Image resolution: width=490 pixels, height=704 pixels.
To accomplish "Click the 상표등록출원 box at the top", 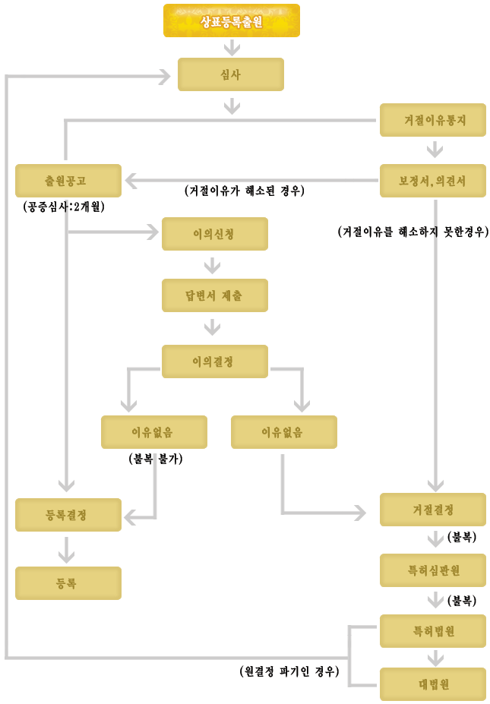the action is click(x=231, y=21).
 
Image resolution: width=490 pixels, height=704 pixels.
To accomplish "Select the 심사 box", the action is click(x=231, y=74).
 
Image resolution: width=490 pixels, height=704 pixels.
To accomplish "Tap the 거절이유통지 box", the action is click(x=433, y=120).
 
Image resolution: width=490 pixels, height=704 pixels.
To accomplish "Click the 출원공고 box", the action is click(x=68, y=181).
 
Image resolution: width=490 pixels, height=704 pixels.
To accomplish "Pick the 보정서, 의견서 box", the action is click(x=433, y=181).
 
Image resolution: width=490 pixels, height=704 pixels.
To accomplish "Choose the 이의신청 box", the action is click(x=215, y=234).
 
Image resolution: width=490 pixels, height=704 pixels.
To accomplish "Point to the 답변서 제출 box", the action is click(x=215, y=295).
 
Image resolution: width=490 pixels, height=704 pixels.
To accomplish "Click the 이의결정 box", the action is click(x=215, y=361).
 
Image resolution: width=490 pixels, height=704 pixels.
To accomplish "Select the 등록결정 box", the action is click(x=68, y=515).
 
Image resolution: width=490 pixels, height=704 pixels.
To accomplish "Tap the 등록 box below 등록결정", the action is click(x=68, y=583).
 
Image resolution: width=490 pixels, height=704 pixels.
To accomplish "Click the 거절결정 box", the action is click(x=433, y=510).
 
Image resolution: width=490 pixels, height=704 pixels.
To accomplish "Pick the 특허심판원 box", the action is click(x=433, y=570).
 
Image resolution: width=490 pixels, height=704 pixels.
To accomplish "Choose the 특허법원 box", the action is click(x=433, y=631).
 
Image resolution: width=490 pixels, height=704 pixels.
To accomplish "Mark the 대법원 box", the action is click(x=433, y=684).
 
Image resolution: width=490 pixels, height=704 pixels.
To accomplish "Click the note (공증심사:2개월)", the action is click(x=64, y=207).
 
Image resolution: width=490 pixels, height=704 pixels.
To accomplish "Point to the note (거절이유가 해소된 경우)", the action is click(x=245, y=191).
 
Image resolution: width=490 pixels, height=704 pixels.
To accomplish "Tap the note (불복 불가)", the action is click(x=156, y=459).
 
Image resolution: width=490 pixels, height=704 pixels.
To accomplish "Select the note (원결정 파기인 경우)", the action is click(x=289, y=671).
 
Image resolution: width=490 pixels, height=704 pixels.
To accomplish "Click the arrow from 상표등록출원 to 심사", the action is click(x=232, y=48).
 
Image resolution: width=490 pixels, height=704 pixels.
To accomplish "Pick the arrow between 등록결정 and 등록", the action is click(x=66, y=550).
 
